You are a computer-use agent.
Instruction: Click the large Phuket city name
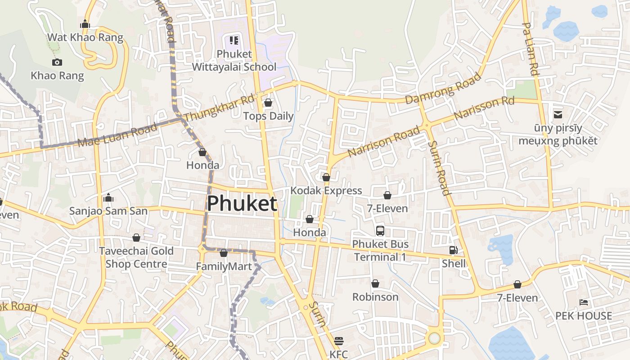(x=242, y=203)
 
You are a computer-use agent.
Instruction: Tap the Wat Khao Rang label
(x=85, y=37)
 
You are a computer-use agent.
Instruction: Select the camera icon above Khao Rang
(x=57, y=63)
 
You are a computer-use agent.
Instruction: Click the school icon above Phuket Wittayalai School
(x=234, y=41)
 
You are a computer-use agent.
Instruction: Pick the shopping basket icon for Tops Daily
(x=268, y=103)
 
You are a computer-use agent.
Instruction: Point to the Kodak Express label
(x=326, y=190)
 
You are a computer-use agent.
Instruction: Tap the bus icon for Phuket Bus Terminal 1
(x=380, y=231)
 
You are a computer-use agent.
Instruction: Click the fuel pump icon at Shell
(x=453, y=250)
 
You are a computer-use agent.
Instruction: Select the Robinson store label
(x=375, y=297)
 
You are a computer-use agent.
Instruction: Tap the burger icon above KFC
(x=339, y=341)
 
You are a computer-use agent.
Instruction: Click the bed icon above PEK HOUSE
(x=584, y=302)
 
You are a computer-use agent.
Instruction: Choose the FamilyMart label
(x=224, y=266)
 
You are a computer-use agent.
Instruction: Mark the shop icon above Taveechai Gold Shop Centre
(x=136, y=238)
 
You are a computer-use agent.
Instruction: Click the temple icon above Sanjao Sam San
(x=108, y=198)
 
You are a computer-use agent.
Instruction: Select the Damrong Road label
(x=443, y=88)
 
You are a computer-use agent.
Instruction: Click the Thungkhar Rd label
(x=219, y=108)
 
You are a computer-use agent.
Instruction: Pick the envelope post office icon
(x=558, y=115)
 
